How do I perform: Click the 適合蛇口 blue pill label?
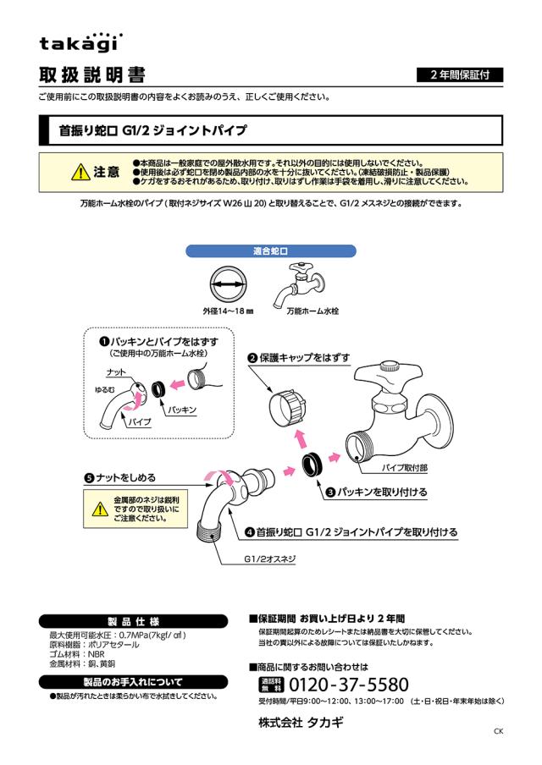click(271, 251)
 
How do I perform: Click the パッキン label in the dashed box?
click(181, 409)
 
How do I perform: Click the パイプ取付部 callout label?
click(406, 466)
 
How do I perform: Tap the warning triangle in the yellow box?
click(100, 509)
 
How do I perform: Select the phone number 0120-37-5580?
click(347, 685)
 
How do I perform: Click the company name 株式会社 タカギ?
click(301, 724)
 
